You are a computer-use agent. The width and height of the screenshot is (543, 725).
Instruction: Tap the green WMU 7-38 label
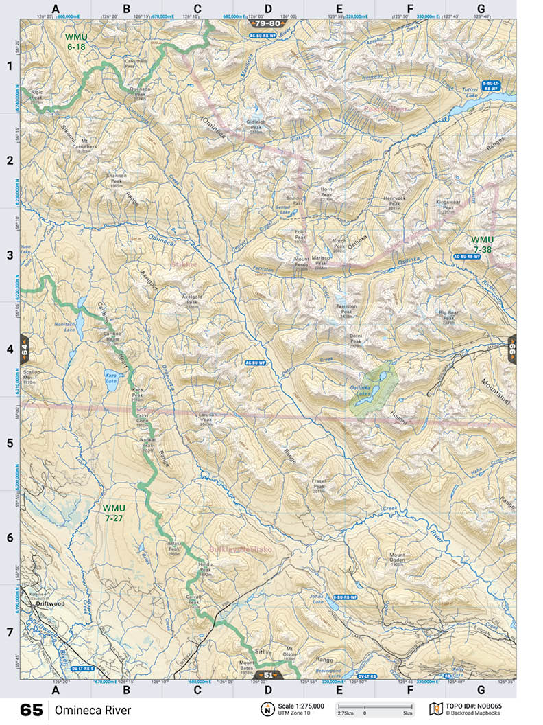482,245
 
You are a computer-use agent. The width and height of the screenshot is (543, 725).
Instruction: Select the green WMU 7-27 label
114,513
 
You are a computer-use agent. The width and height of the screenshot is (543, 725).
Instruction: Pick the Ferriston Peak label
346,310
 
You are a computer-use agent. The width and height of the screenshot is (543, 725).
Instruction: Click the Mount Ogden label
398,557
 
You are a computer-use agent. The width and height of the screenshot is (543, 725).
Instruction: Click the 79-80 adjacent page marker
267,23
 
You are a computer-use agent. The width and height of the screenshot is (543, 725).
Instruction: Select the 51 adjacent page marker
267,675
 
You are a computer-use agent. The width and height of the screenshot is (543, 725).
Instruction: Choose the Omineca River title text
93,710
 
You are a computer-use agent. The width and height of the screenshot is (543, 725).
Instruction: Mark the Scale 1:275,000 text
301,706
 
